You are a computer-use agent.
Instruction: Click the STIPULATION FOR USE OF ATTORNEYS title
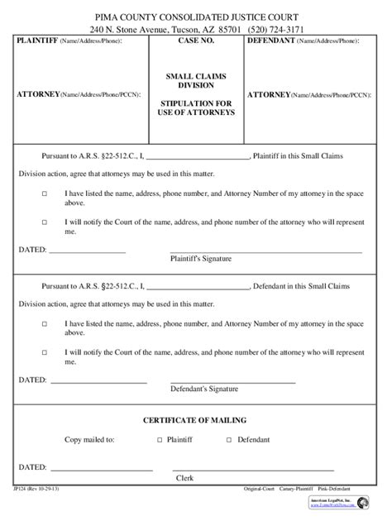coord(195,108)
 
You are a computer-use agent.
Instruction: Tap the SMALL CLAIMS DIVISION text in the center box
coord(195,80)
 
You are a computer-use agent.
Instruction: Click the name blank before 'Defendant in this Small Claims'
coord(197,287)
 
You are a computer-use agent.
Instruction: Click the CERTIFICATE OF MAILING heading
coord(195,420)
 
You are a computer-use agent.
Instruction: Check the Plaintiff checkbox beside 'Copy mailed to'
coord(160,441)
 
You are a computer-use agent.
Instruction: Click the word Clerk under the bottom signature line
coord(184,478)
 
